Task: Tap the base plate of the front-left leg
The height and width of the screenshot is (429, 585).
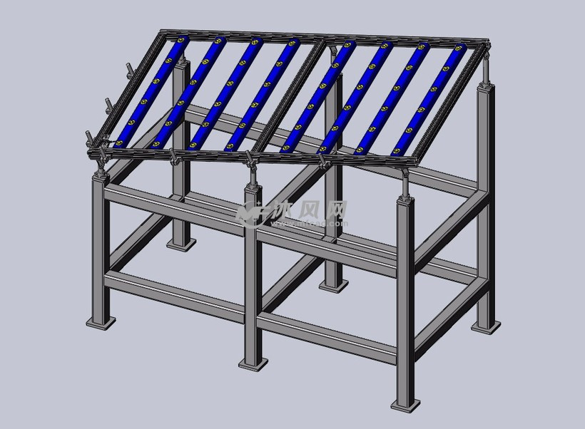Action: tap(101, 322)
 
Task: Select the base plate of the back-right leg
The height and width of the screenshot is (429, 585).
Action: tap(486, 326)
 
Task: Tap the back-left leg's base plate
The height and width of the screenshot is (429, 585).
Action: tap(181, 244)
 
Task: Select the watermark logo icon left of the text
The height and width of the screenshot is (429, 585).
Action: tap(250, 212)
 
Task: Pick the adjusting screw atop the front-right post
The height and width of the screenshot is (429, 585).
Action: tap(405, 181)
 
